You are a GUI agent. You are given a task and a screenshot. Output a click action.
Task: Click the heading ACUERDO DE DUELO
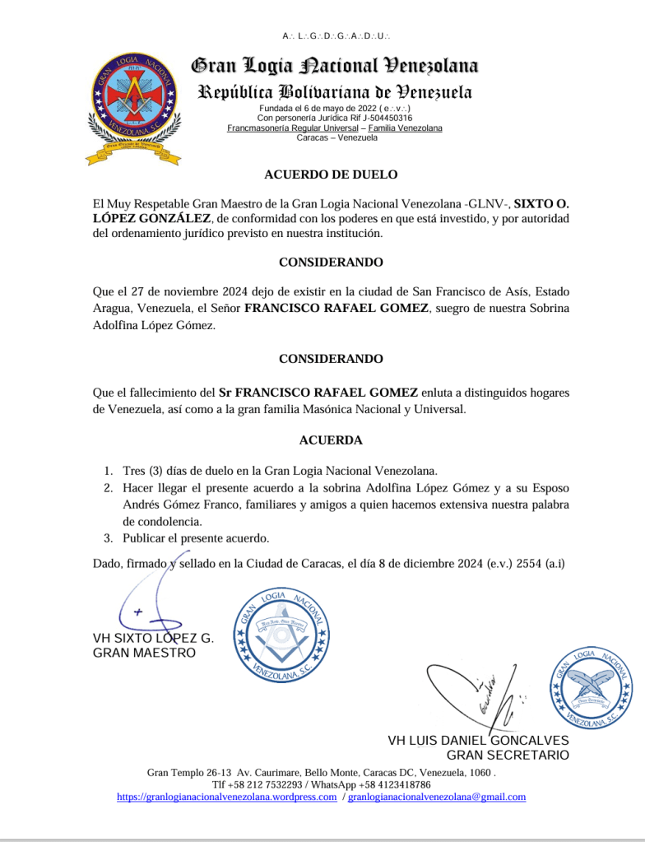pos(331,174)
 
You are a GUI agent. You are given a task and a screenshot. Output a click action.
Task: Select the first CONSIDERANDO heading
pos(331,263)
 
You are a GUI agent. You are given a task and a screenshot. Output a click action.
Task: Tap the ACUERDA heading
pos(331,440)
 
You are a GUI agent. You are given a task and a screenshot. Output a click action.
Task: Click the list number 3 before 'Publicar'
pos(108,538)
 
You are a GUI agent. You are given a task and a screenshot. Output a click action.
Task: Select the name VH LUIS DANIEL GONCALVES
pos(478,741)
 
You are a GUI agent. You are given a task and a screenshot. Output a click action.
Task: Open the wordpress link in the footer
pos(226,797)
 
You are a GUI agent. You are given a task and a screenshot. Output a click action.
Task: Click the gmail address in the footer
pos(437,797)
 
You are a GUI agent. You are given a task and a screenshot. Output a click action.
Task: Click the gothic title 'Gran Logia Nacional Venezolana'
pos(334,66)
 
